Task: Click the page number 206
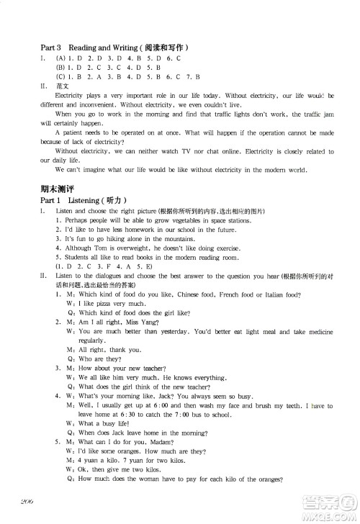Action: pyautogui.click(x=31, y=502)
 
